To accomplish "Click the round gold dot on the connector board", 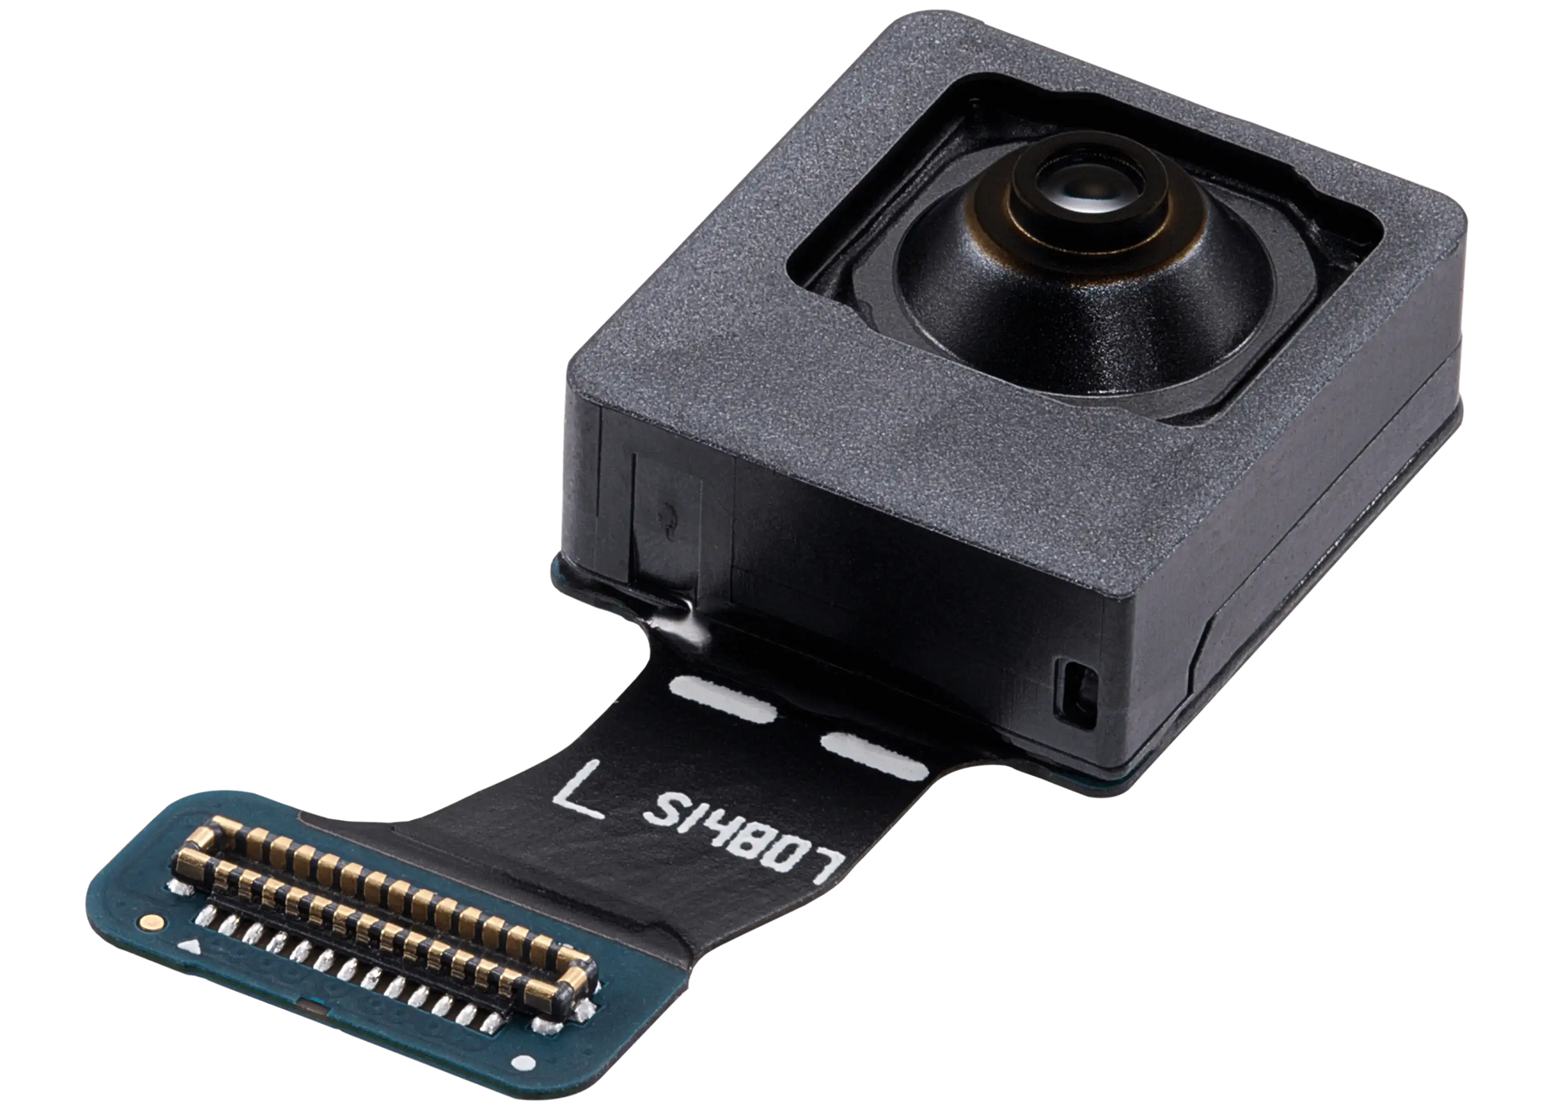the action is (x=153, y=923).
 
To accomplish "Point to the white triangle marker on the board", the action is (x=188, y=948).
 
